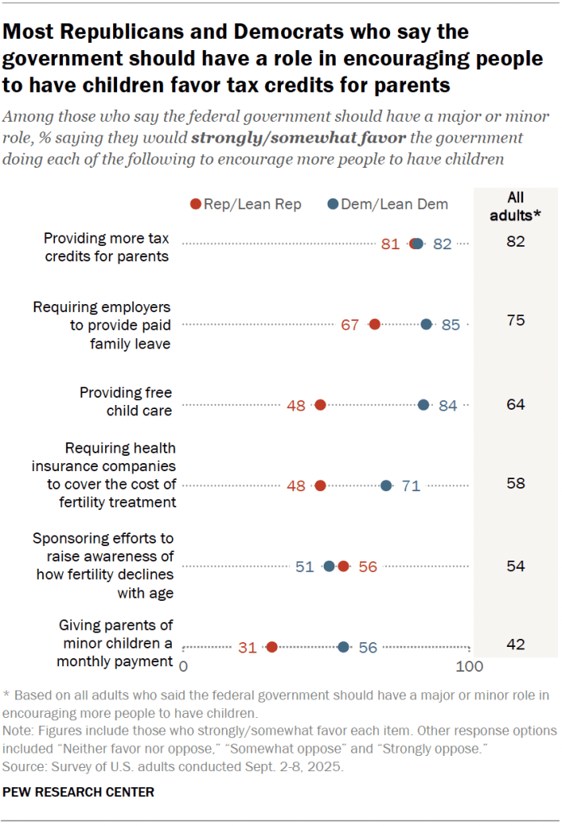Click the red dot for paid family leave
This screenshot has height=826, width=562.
click(x=374, y=324)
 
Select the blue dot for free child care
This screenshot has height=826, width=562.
click(x=424, y=405)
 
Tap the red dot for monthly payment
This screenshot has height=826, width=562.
click(x=272, y=647)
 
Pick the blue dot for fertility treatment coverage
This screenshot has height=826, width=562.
click(x=387, y=486)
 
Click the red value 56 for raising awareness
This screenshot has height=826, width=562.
click(x=368, y=566)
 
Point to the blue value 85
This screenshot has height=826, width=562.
click(x=451, y=325)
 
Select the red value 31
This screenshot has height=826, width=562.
click(x=247, y=647)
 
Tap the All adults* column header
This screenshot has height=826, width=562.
click(x=515, y=204)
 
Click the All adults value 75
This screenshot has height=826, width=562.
click(x=515, y=320)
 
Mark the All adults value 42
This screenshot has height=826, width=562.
click(x=515, y=644)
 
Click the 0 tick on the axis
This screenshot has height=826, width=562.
click(x=183, y=667)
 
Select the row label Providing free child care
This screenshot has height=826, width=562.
click(x=126, y=401)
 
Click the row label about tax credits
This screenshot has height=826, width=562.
click(x=106, y=247)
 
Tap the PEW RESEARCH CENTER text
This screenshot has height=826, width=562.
click(x=78, y=792)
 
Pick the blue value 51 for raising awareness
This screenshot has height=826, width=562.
click(x=304, y=566)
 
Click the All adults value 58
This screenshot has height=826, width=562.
click(x=515, y=483)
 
